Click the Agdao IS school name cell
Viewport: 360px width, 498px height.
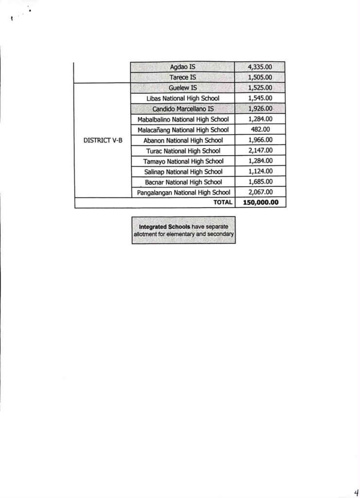(182, 67)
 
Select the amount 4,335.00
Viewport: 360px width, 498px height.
(260, 67)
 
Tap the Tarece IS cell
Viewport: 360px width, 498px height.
(182, 77)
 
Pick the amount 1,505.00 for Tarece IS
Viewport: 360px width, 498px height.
(260, 77)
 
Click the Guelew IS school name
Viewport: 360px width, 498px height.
(182, 88)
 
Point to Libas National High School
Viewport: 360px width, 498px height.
(182, 98)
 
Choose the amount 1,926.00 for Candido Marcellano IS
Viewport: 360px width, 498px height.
(260, 108)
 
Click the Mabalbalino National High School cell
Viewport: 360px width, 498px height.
(182, 119)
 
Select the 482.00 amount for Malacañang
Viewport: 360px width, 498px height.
(260, 129)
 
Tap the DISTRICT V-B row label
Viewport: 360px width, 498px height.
(103, 140)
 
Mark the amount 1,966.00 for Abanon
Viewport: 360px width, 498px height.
(260, 140)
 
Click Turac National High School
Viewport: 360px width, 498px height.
(182, 151)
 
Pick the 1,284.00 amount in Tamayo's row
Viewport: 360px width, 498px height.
(260, 161)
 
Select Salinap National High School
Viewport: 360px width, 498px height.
(182, 172)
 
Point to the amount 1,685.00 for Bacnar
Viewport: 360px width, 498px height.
(260, 182)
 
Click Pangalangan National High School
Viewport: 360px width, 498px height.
(182, 193)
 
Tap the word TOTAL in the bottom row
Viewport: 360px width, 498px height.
(223, 203)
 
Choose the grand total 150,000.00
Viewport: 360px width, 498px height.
(260, 203)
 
